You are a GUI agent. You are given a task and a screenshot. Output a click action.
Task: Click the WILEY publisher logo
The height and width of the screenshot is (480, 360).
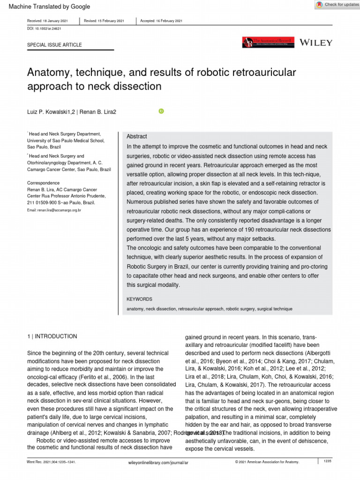(x=316, y=43)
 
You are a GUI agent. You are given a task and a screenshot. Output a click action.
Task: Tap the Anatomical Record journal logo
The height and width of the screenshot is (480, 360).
(x=268, y=43)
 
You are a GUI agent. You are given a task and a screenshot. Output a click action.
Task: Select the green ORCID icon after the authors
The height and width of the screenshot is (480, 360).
(x=161, y=111)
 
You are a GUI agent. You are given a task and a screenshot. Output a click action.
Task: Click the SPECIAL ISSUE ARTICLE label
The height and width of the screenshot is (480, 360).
(x=54, y=45)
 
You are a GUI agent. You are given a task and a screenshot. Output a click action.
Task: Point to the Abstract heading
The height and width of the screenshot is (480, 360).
(x=137, y=136)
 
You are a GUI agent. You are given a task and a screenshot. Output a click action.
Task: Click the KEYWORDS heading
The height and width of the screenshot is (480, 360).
(x=139, y=299)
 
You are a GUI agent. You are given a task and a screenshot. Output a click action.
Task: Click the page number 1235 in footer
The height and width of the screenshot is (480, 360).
(x=327, y=462)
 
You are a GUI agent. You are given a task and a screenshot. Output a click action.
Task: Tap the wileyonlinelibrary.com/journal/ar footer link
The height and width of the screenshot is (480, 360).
(x=158, y=462)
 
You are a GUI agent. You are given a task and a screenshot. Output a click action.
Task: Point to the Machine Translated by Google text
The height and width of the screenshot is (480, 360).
(x=46, y=7)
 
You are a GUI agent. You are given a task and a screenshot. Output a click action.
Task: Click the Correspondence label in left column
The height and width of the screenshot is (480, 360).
(x=43, y=183)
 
